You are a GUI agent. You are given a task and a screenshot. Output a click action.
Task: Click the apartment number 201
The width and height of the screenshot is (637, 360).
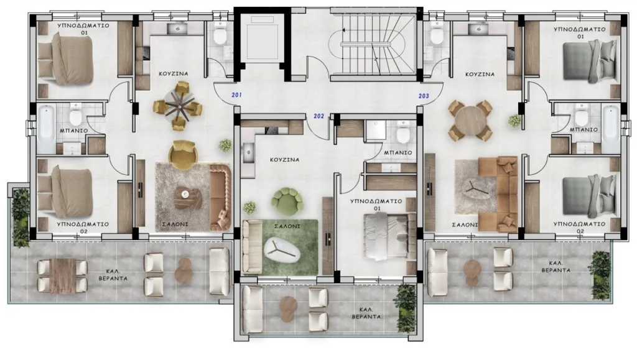237,95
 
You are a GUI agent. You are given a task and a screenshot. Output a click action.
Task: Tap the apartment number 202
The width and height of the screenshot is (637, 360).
319,116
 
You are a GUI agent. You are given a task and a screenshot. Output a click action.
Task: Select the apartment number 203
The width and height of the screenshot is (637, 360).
424,96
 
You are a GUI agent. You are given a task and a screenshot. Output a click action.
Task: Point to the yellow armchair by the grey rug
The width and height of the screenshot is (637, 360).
184,155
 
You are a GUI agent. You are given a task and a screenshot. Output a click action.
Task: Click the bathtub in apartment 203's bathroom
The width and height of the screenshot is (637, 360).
611,129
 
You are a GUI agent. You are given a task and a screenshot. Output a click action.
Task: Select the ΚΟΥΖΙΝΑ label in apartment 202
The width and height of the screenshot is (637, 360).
285,160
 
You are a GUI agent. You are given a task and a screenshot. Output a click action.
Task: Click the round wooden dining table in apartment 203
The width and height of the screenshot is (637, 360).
470,121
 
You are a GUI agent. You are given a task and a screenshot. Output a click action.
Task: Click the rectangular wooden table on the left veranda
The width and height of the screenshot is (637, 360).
63,276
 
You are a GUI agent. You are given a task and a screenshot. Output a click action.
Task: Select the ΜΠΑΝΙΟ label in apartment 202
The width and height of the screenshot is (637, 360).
398,153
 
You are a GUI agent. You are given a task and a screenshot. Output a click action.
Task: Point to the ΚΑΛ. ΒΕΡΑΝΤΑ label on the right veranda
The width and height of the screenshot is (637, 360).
556,266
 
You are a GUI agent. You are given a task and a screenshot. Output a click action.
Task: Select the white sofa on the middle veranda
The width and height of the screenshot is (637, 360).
253,310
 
